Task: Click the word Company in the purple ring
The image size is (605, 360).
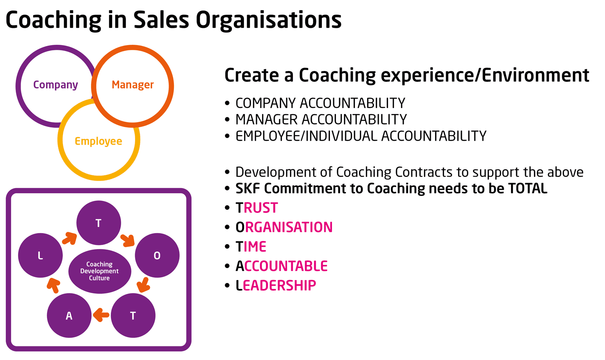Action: point(55,85)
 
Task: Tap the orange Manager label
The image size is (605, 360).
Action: point(133,85)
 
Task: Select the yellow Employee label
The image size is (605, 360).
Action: point(98,142)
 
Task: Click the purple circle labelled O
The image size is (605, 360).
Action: point(157,255)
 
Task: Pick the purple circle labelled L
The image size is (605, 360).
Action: point(40,255)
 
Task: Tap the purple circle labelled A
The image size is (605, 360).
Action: point(69,316)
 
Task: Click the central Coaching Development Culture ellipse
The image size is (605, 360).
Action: point(100,271)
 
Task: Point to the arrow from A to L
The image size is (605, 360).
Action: point(54,285)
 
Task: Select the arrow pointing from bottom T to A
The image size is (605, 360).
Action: point(101,315)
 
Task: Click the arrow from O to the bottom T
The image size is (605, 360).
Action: point(143,285)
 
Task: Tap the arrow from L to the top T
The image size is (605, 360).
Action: point(70,238)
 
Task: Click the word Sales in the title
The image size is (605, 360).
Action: point(161,20)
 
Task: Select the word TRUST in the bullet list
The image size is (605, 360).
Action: point(257,208)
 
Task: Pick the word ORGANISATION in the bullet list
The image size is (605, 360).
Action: point(284,227)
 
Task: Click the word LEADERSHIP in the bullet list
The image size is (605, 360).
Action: point(276,285)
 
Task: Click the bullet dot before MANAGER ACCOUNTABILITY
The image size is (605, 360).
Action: point(227,120)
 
